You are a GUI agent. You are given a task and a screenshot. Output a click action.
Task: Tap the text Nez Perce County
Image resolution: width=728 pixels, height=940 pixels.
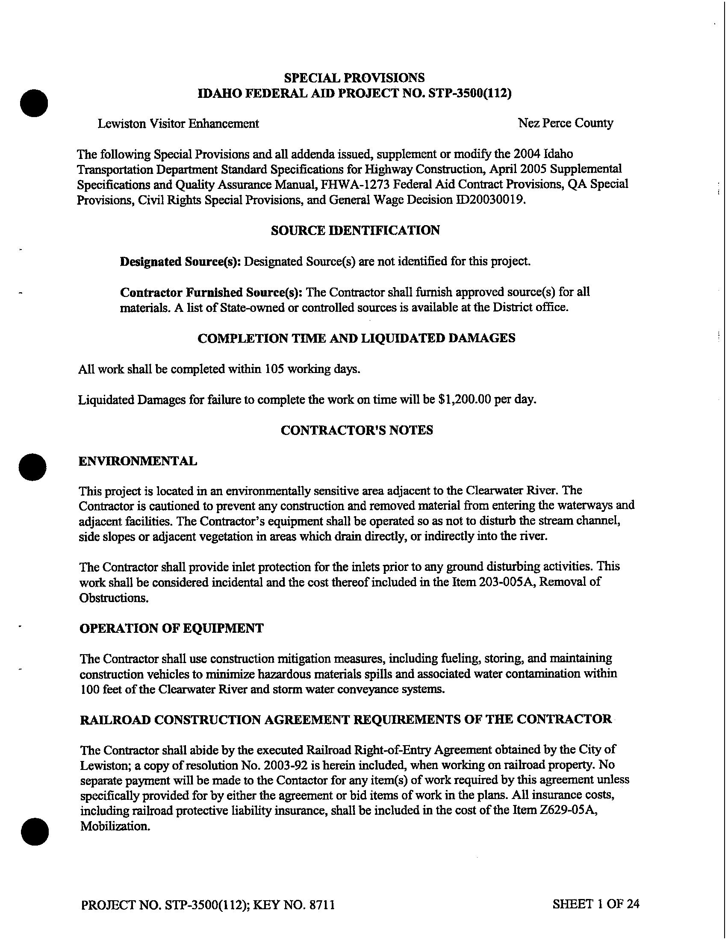tap(565, 123)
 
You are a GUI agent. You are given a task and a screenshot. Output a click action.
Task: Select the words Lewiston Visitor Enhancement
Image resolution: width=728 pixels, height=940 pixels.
tap(178, 123)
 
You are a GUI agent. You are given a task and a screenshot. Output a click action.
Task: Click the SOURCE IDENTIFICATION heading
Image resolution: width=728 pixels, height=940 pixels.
tap(355, 230)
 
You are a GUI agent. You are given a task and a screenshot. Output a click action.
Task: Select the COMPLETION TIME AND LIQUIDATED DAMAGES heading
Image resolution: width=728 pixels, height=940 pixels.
tap(356, 338)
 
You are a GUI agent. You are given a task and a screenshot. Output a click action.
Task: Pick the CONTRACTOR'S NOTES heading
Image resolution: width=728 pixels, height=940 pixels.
tap(357, 430)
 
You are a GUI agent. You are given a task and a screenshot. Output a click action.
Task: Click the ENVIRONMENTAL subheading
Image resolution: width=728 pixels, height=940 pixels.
tap(138, 461)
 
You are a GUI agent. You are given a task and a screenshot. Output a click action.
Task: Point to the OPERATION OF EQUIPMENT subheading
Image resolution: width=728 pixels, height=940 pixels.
tap(171, 628)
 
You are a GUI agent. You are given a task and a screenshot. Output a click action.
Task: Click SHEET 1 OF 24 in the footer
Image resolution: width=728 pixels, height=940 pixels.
tap(595, 904)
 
